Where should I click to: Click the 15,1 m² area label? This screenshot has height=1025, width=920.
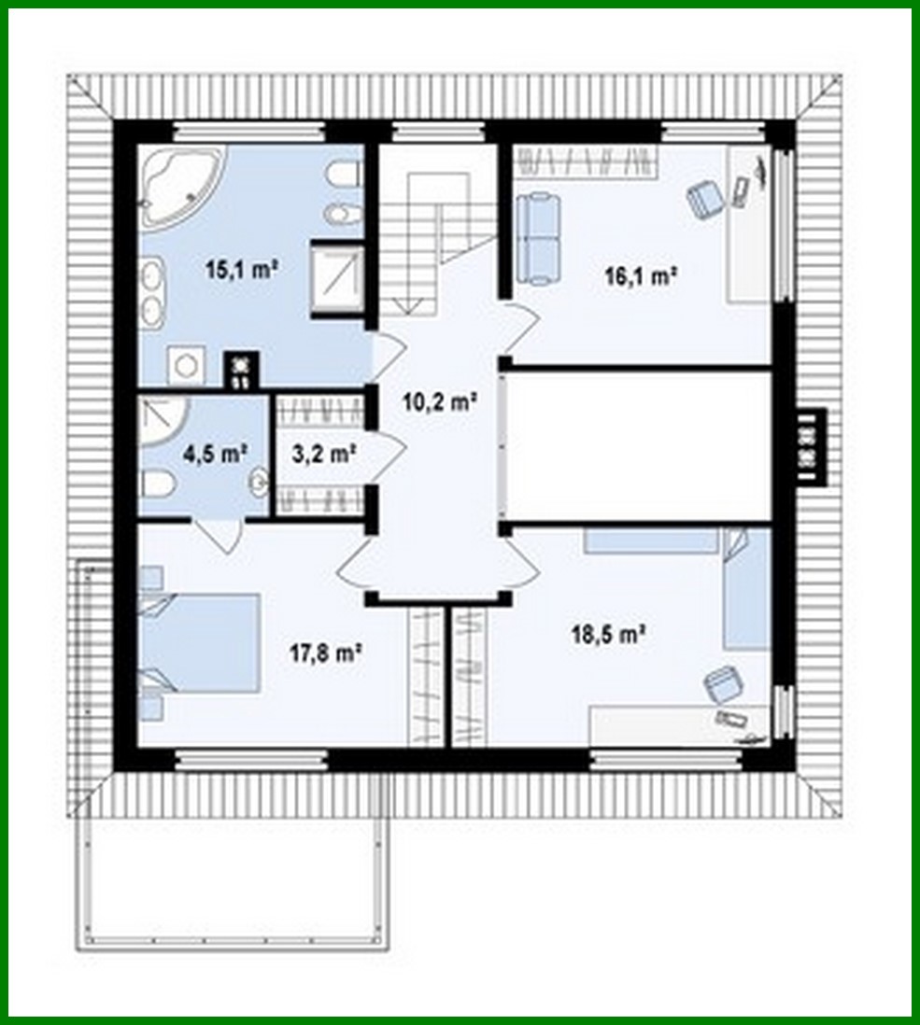[x=243, y=271]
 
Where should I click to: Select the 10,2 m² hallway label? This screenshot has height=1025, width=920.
[x=434, y=402]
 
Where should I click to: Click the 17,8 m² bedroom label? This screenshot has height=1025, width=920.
[x=325, y=653]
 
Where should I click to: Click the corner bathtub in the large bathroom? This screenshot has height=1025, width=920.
[x=180, y=188]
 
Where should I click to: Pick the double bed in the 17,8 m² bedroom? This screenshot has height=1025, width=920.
[x=201, y=642]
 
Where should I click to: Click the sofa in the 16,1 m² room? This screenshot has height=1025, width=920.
[x=536, y=236]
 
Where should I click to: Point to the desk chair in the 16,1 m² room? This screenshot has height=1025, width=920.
[x=705, y=198]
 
